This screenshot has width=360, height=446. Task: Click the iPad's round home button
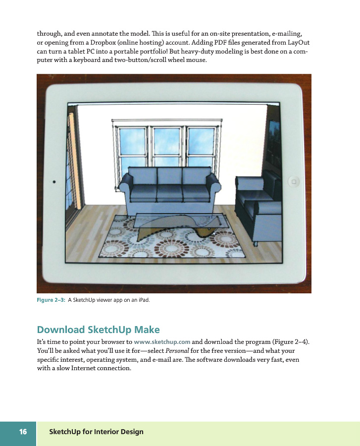coord(294,182)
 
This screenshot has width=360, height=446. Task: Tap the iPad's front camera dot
coord(54,182)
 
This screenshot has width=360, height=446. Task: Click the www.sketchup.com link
coord(162,342)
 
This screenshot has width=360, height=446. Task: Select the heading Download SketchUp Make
coord(99,330)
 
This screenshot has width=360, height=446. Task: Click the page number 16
coord(23,432)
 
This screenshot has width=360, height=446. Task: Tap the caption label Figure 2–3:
coord(51,300)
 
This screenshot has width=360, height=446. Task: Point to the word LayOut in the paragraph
coord(299,43)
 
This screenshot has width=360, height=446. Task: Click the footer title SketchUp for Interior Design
coord(97,432)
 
